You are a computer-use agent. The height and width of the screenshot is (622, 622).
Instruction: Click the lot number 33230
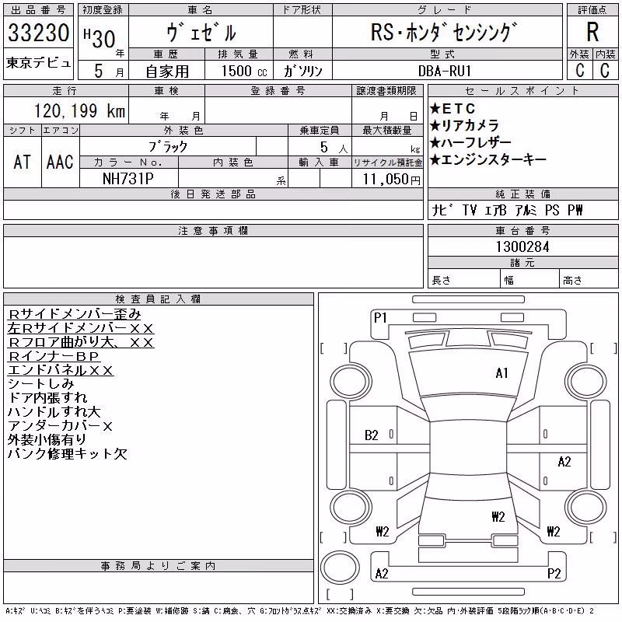point(38,33)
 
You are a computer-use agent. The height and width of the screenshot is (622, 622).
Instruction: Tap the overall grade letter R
point(592,32)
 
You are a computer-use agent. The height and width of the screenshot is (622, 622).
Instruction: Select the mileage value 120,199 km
point(79,110)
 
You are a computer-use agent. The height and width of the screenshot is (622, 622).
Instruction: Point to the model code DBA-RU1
point(445,71)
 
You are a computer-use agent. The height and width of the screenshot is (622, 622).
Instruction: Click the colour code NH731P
point(128,179)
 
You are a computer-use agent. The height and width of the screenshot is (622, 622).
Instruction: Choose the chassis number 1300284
point(522,246)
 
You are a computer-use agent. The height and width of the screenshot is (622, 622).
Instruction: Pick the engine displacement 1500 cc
point(244,71)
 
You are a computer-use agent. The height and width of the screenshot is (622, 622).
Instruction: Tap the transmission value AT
point(22,162)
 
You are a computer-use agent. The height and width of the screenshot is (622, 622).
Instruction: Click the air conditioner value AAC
point(60,162)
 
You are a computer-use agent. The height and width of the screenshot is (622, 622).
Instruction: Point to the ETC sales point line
point(453,108)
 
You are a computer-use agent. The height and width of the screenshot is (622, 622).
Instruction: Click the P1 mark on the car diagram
point(380,318)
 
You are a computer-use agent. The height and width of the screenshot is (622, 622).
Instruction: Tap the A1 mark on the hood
point(501,373)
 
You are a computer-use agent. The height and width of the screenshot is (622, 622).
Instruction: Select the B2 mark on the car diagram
point(372,435)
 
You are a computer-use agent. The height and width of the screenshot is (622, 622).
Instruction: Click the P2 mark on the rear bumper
point(554,573)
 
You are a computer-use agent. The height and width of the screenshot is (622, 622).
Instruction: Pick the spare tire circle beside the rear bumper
point(340,568)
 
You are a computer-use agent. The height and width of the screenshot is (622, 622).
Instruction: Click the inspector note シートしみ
point(41,383)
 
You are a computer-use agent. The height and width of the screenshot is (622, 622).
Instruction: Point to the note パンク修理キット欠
point(68,453)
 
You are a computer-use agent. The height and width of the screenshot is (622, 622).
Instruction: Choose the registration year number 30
point(104,40)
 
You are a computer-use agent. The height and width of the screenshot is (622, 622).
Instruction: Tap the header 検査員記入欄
point(158,299)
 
